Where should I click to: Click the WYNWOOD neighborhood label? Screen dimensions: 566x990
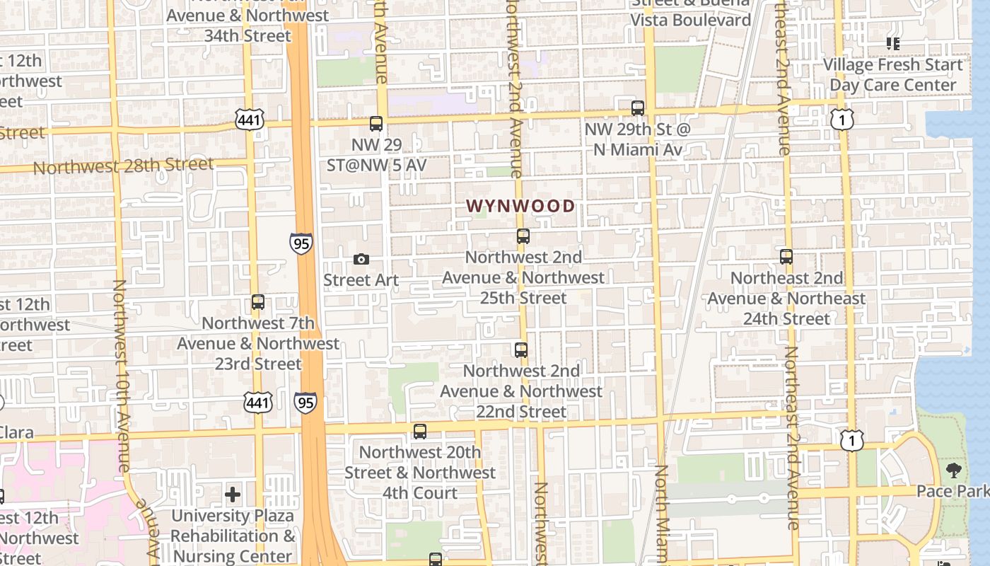click(x=520, y=207)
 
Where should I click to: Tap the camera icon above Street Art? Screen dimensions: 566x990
click(x=361, y=260)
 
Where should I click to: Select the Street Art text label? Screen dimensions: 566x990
click(x=361, y=280)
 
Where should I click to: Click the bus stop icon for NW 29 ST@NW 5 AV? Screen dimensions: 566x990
click(x=376, y=124)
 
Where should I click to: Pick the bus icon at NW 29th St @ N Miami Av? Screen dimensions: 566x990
click(x=638, y=108)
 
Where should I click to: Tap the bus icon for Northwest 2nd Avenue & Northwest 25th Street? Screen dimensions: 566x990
click(x=523, y=236)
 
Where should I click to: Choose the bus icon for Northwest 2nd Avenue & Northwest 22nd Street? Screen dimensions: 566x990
click(x=521, y=350)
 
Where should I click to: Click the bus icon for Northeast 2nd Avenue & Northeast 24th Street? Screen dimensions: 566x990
click(x=786, y=257)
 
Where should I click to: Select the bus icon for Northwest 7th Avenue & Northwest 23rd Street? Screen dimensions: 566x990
click(x=258, y=302)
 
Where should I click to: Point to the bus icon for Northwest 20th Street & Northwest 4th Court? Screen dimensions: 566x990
click(x=420, y=431)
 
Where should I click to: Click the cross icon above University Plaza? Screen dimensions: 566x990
click(x=233, y=495)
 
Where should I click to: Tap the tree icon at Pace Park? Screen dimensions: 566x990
click(x=954, y=470)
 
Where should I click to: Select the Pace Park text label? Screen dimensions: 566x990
click(x=953, y=490)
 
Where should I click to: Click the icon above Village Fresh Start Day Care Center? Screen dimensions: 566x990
click(x=893, y=44)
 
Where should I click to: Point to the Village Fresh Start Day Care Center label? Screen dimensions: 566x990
click(x=893, y=75)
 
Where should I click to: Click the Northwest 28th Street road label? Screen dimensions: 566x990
click(x=123, y=166)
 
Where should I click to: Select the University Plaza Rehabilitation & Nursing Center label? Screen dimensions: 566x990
click(x=233, y=536)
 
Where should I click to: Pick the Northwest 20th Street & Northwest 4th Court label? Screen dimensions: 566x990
click(x=420, y=473)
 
